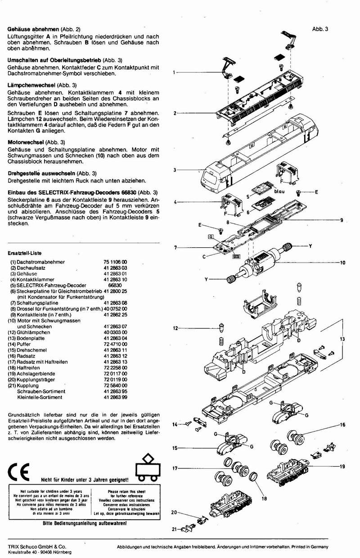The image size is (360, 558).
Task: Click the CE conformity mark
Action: point(18,471)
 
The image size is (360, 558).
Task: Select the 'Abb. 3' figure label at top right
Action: point(320,29)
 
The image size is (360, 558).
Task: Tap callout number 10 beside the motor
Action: point(342,262)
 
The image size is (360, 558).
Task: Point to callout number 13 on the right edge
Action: point(342,338)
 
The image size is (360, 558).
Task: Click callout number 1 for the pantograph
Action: point(173,73)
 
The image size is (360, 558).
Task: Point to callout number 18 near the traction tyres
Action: point(264,499)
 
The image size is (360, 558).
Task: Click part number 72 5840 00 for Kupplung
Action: point(115,386)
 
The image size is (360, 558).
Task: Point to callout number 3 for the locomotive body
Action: point(173,170)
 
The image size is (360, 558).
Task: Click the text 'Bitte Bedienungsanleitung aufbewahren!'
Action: point(85,524)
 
